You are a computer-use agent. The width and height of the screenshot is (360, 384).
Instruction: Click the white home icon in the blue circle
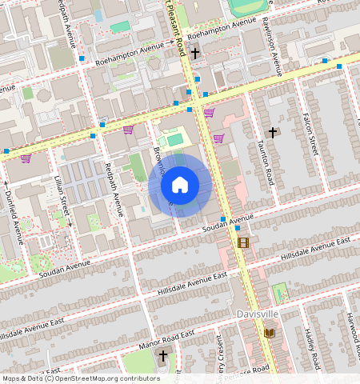(x=180, y=185)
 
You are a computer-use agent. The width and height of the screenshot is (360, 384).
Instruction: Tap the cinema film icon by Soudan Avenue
(x=243, y=242)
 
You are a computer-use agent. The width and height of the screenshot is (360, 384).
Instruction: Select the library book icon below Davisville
(x=270, y=332)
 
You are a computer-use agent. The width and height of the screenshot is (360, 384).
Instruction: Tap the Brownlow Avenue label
(x=162, y=164)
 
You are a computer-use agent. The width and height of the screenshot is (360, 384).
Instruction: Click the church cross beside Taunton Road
(x=273, y=131)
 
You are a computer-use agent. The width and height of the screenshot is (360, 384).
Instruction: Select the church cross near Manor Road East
(x=164, y=355)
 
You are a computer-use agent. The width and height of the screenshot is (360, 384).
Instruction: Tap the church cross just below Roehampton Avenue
(x=195, y=53)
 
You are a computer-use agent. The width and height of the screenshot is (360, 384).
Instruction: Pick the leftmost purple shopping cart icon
(x=26, y=158)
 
